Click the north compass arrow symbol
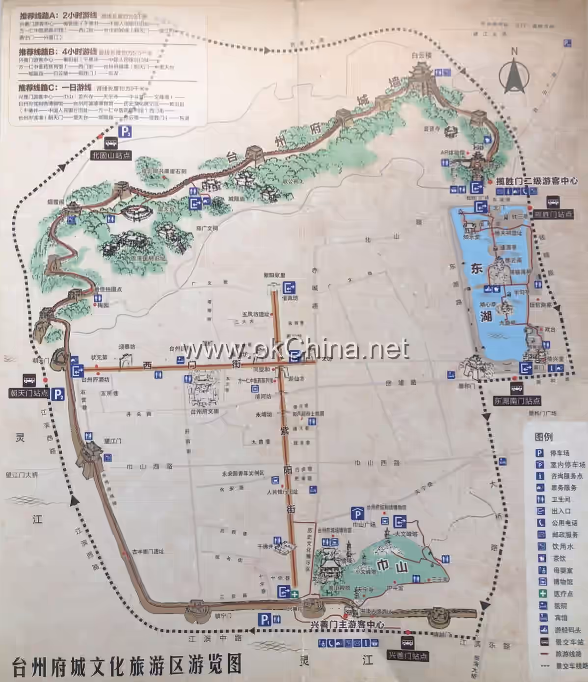[514, 76]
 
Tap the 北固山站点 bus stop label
[112, 155]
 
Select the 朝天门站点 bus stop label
[29, 393]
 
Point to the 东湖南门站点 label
[517, 401]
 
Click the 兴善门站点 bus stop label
[407, 655]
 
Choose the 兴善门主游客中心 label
[347, 625]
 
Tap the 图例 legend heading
[544, 437]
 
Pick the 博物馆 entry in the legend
[562, 582]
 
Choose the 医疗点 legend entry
[562, 594]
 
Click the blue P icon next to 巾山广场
[357, 514]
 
